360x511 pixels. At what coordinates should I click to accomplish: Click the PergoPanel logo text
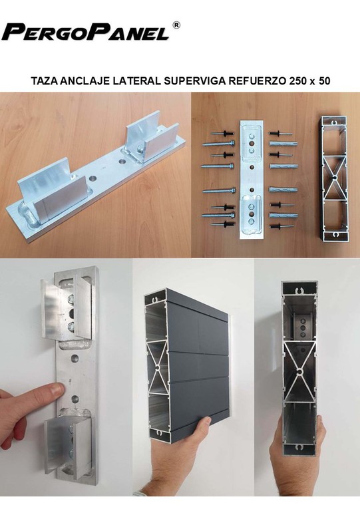[x=85, y=32]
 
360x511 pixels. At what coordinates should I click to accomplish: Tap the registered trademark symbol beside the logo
[x=176, y=25]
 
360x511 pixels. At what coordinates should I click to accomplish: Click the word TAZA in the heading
[x=45, y=81]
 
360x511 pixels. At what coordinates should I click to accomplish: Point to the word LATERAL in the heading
[x=136, y=81]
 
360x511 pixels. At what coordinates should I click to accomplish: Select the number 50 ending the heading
[x=324, y=81]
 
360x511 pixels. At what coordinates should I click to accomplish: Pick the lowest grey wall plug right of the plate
[x=283, y=216]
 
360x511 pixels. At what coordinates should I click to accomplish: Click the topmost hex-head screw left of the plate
[x=218, y=144]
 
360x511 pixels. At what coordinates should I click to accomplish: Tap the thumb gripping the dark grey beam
[x=202, y=425]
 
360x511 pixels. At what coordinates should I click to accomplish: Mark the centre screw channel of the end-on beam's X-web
[x=299, y=371]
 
